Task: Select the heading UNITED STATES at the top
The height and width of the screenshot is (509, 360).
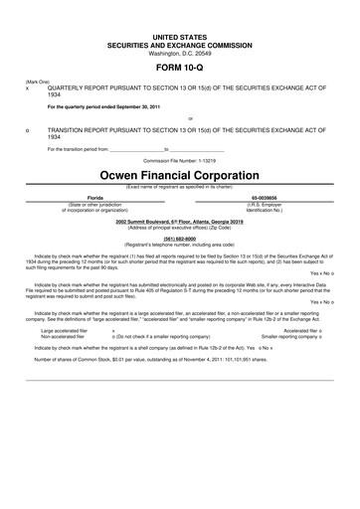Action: click(x=179, y=35)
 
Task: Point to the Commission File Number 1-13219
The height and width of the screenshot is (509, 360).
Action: click(x=179, y=159)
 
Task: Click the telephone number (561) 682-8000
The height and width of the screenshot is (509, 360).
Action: click(x=179, y=238)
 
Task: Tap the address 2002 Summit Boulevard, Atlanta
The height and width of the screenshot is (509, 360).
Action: click(x=179, y=221)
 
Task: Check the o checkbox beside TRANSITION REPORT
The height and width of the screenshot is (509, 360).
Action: click(x=27, y=130)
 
